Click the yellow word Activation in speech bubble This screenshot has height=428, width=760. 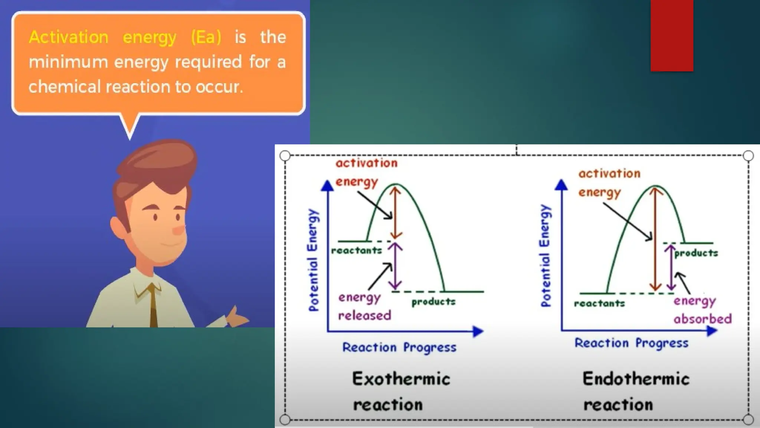tap(69, 37)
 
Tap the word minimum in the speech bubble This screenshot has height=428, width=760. tap(68, 62)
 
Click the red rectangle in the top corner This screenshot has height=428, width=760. tap(672, 35)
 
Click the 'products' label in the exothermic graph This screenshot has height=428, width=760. tap(433, 302)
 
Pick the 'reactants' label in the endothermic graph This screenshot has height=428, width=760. tap(599, 304)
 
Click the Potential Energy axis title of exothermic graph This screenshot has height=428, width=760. tap(314, 260)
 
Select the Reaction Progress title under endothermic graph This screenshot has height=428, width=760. tap(631, 343)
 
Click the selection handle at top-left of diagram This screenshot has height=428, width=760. tap(285, 156)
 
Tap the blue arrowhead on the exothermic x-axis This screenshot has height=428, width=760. tap(478, 331)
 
